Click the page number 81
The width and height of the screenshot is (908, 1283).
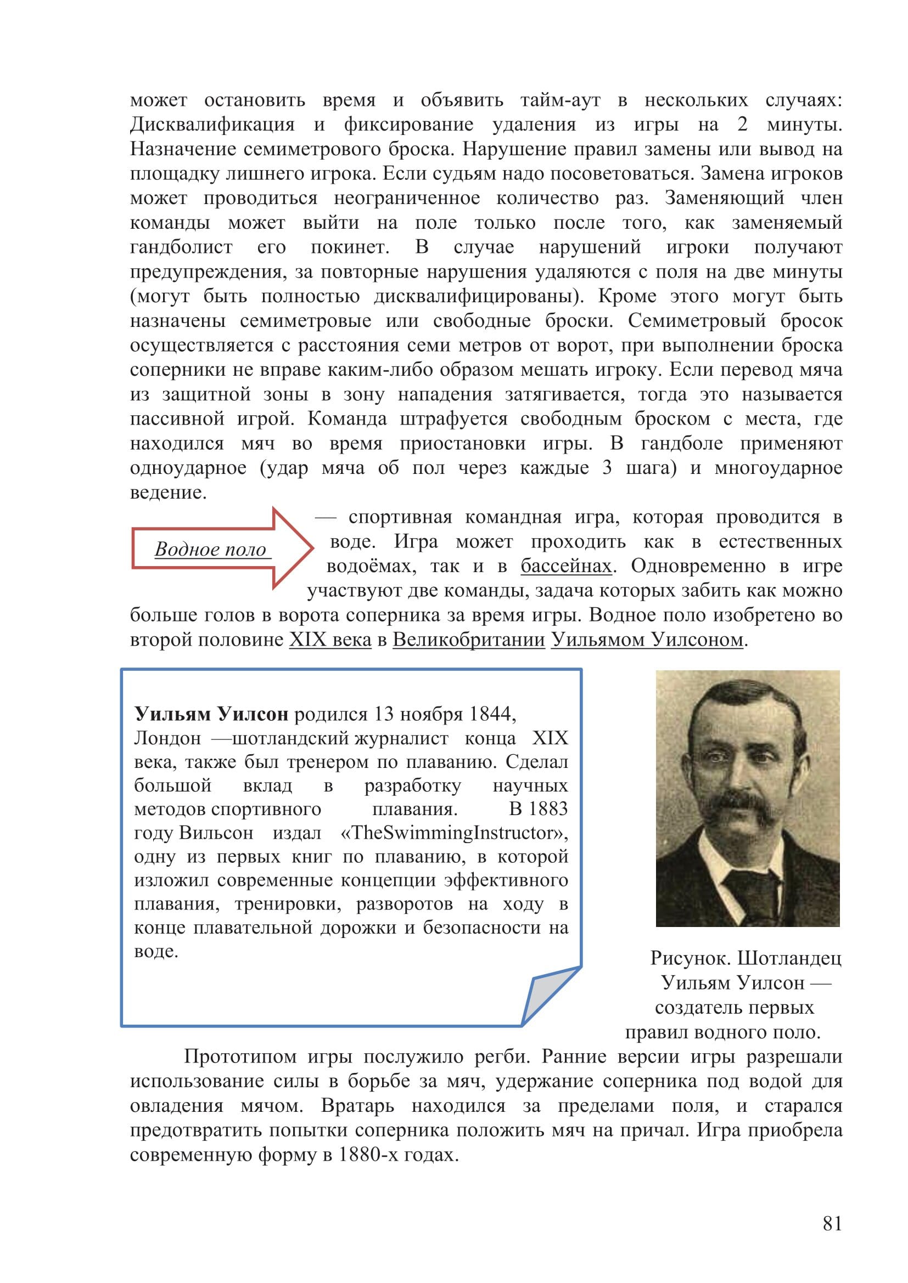coord(832,1223)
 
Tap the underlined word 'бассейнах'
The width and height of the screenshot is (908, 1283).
coord(566,566)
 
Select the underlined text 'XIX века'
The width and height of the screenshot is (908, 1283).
coord(330,639)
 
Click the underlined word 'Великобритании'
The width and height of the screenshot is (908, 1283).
coord(468,639)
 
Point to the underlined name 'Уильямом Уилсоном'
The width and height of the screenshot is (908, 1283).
coord(647,639)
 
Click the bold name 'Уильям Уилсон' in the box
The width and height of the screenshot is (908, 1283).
coord(211,714)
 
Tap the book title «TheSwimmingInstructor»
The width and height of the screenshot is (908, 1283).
coord(454,833)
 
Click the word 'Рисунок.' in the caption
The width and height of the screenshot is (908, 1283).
coord(690,958)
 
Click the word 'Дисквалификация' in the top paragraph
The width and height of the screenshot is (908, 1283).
coord(212,124)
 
